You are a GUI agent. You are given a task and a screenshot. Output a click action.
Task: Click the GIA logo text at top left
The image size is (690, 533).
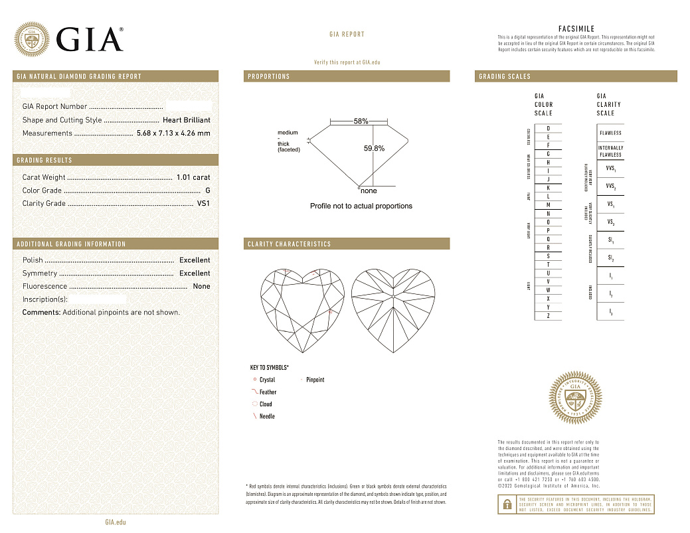[x=90, y=40]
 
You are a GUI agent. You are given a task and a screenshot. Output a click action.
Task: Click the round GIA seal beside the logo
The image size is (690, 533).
[x=32, y=39]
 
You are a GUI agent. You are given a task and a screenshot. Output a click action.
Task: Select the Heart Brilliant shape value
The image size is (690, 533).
[x=187, y=120]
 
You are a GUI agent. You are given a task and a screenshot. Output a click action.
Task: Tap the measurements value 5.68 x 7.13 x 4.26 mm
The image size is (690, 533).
[x=173, y=133]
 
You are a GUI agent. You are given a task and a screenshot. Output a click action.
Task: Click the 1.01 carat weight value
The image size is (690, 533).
[x=193, y=177]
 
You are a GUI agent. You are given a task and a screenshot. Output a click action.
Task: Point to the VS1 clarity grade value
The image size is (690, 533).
[x=203, y=204]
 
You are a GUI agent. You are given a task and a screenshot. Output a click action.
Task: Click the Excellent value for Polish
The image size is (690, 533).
[x=195, y=260]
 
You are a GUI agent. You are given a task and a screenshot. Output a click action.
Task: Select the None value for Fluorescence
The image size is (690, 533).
[x=201, y=287]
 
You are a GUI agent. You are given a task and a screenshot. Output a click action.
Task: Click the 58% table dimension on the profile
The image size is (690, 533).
[x=361, y=121]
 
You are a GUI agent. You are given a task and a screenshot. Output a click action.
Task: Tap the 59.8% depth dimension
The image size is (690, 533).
[x=374, y=149]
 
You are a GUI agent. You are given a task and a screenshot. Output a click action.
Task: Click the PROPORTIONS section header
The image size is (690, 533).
[x=269, y=76]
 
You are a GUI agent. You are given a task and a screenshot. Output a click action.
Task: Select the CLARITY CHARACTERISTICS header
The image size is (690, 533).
[x=289, y=244]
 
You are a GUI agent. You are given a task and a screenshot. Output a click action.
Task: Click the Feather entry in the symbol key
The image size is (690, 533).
[x=268, y=392]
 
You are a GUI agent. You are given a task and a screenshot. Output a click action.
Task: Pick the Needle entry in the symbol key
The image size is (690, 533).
[x=266, y=416]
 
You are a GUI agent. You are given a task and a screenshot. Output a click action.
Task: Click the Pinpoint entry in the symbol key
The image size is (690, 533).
[x=315, y=380]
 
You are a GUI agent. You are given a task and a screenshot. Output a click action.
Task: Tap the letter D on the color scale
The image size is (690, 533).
[x=548, y=128]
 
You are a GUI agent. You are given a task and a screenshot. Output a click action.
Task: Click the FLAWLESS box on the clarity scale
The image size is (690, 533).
[x=610, y=133]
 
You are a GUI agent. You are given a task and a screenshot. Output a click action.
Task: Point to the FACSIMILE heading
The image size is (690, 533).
[x=576, y=29]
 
